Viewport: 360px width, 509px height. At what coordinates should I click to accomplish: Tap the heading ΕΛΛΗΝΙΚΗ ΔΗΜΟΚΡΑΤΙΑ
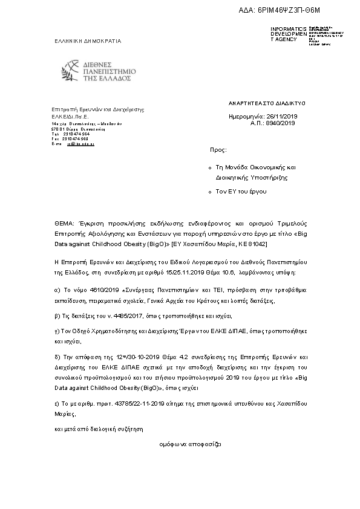(x=88, y=42)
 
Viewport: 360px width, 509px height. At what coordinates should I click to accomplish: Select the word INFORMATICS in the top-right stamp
(x=289, y=29)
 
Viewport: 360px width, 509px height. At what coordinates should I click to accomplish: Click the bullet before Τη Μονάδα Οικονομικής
(x=209, y=167)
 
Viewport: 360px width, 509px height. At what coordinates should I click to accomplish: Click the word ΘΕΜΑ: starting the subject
(x=62, y=222)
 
